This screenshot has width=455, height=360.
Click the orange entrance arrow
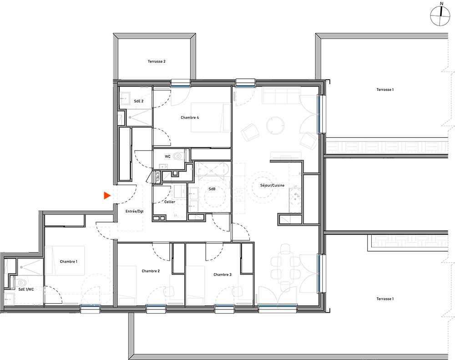[x=107, y=196]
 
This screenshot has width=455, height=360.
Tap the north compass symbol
[x=440, y=15]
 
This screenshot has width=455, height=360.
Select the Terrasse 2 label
[x=157, y=61]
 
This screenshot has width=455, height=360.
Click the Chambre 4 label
[x=190, y=117]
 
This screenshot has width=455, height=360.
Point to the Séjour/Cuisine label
[x=272, y=186]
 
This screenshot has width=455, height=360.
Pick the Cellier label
[x=170, y=202]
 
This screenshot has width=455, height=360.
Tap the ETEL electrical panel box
[x=157, y=177]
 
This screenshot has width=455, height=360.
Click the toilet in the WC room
[x=178, y=156]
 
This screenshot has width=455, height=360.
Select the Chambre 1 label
[x=69, y=262]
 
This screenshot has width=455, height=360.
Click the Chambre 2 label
[x=151, y=271]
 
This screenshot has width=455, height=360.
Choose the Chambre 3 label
[x=222, y=274]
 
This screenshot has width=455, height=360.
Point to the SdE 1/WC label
[x=26, y=289]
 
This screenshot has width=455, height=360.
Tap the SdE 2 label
[x=139, y=101]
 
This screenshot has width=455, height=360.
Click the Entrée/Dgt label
[x=135, y=211]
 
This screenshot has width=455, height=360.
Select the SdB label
[x=212, y=189]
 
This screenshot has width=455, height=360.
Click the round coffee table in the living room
[x=275, y=126]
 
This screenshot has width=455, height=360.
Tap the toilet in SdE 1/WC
[x=21, y=283]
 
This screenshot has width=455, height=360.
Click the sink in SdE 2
[x=126, y=98]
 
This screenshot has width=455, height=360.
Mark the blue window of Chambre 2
[x=156, y=306]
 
